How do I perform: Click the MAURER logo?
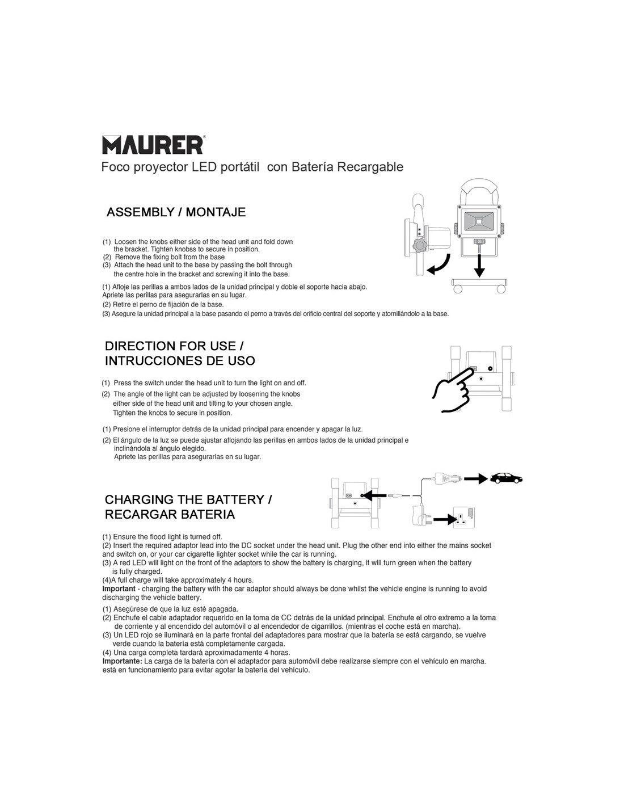click(x=153, y=144)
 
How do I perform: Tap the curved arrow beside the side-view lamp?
click(x=439, y=265)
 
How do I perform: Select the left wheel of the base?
click(x=458, y=289)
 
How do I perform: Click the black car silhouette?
click(x=506, y=478)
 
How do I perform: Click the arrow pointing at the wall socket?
click(x=445, y=518)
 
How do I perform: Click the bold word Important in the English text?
click(x=119, y=589)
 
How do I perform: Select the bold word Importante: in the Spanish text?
click(x=122, y=661)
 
